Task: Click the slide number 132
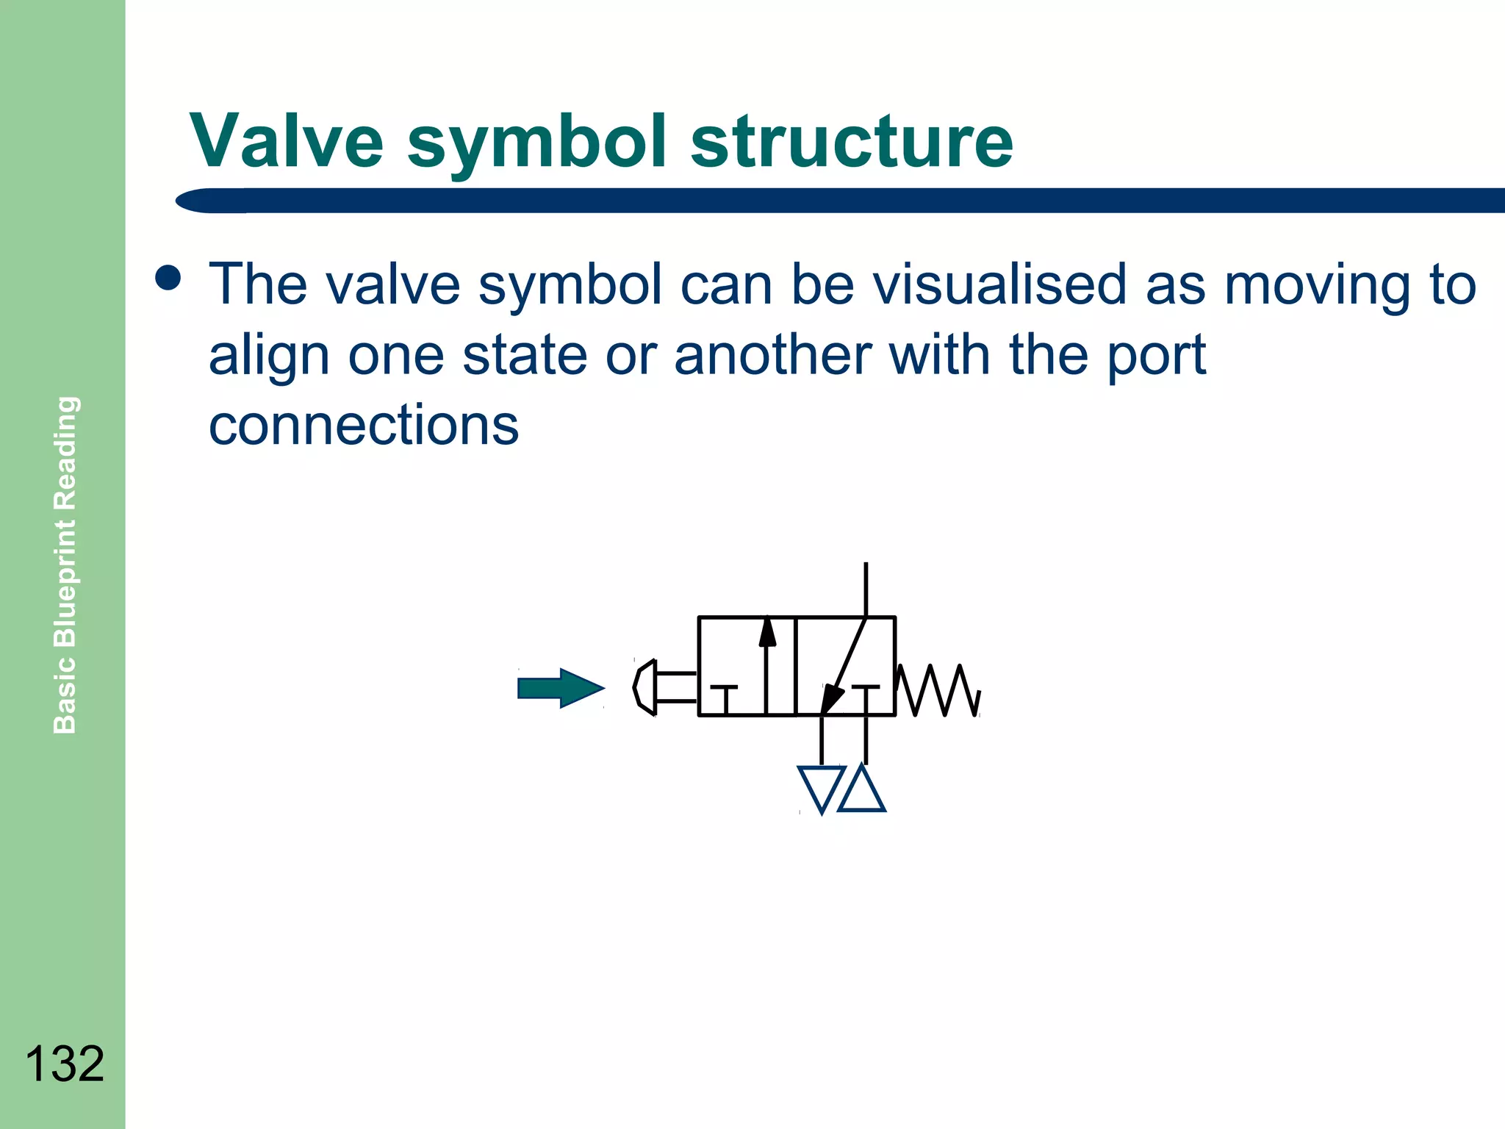[x=65, y=1064]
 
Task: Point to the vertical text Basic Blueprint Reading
[x=65, y=564]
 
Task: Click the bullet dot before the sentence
[x=168, y=279]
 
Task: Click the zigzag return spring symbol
[x=939, y=690]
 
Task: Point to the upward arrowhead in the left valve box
[x=767, y=633]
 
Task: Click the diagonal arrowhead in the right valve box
[x=831, y=698]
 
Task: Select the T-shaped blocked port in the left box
[x=725, y=697]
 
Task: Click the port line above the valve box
[x=866, y=589]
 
